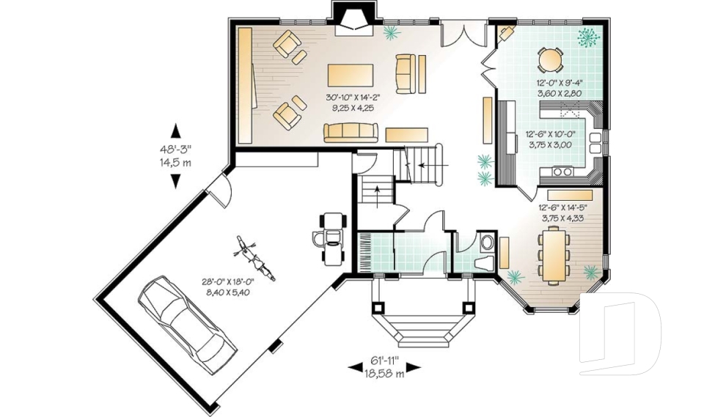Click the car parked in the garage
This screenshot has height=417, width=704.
(x=188, y=325)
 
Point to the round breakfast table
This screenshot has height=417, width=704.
(x=550, y=59)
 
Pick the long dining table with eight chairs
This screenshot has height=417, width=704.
(x=554, y=255)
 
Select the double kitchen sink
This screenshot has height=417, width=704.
(x=595, y=143)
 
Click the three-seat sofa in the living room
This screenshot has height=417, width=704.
(x=351, y=133)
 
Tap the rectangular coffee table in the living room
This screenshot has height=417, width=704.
(x=351, y=75)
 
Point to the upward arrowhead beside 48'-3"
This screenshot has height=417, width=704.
(x=176, y=130)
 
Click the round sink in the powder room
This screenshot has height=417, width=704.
(x=486, y=243)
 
